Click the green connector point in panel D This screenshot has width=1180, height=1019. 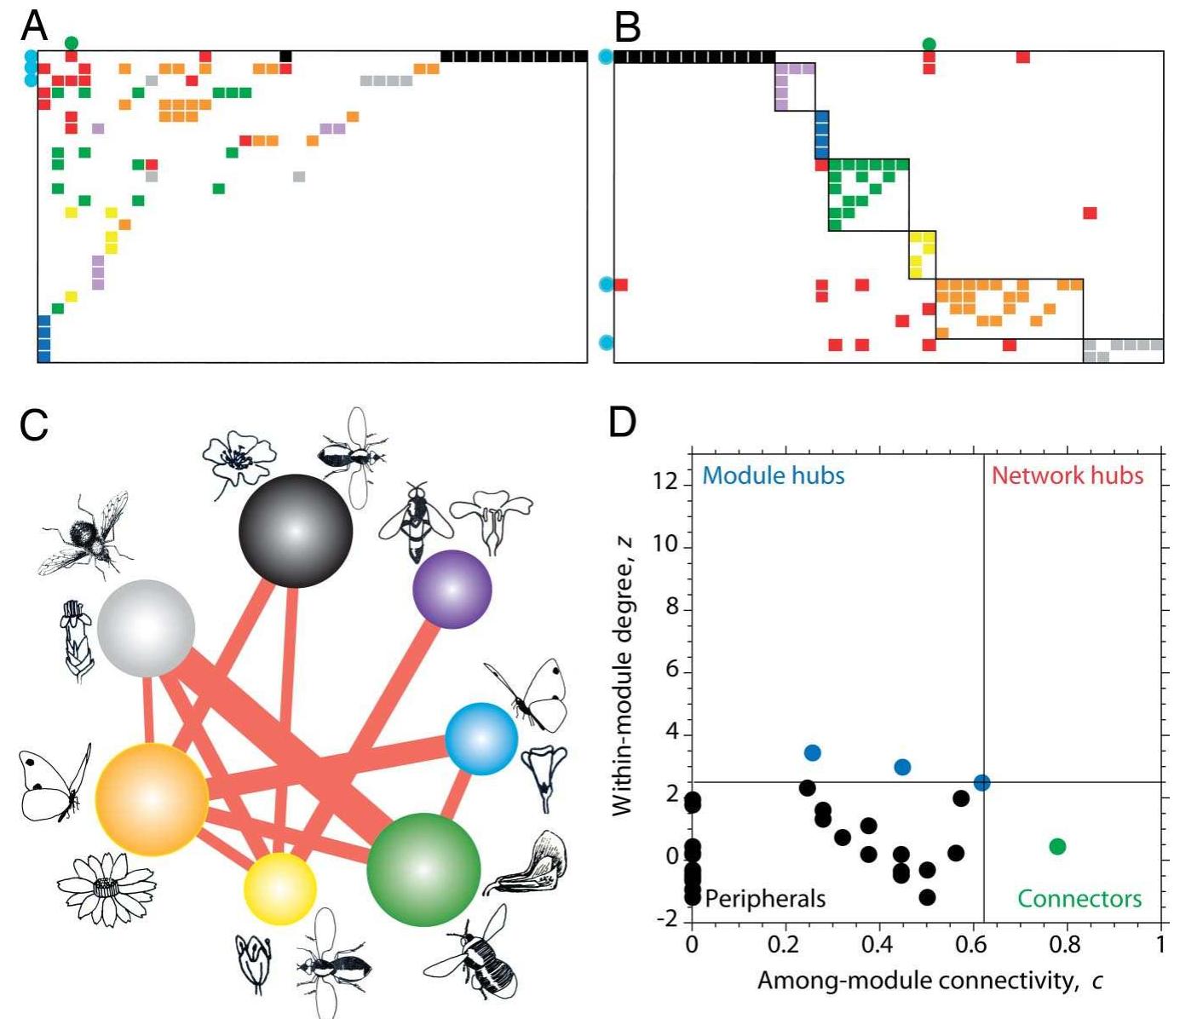1057,846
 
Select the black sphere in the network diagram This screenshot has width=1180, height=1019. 296,531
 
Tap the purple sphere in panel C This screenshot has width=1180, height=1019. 452,589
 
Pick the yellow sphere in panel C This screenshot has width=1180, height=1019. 280,889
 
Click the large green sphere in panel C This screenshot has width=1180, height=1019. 423,870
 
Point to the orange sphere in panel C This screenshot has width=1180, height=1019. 152,799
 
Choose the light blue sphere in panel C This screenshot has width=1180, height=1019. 481,739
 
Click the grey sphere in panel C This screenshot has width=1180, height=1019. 147,629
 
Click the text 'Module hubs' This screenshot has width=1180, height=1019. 773,475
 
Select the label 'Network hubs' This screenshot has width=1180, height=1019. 1067,475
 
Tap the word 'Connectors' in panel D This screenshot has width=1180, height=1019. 1079,899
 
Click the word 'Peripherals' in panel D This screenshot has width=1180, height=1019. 765,898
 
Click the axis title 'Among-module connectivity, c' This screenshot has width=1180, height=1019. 930,981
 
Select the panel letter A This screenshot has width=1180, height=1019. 34,26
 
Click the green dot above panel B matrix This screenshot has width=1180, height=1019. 929,43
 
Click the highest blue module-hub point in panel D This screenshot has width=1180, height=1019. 812,752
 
